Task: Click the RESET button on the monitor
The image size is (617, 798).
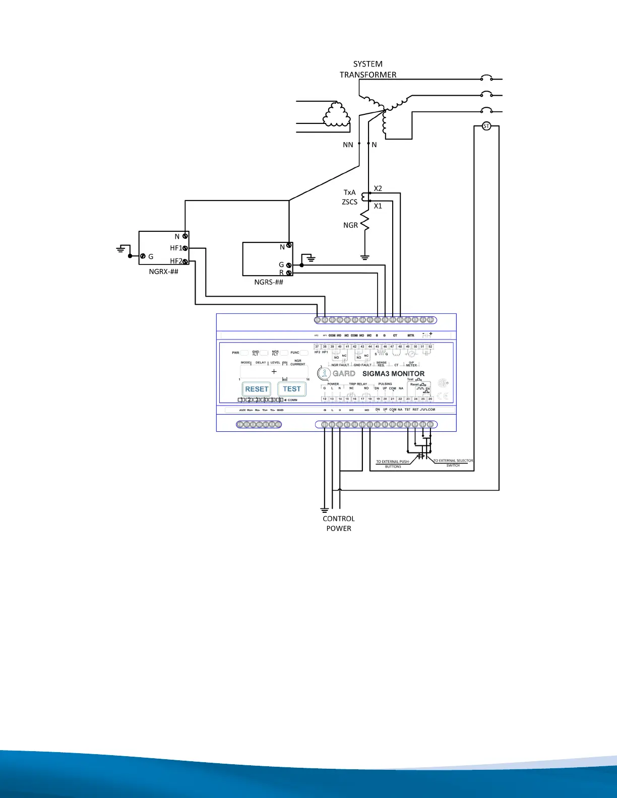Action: (x=257, y=389)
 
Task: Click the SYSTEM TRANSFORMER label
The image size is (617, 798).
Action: (x=368, y=70)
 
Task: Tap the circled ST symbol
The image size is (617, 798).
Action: (x=486, y=126)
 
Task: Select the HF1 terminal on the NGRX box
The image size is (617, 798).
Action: (x=186, y=248)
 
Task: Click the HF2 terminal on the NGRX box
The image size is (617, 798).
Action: (x=186, y=261)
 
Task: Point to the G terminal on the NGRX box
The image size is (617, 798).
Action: (x=143, y=256)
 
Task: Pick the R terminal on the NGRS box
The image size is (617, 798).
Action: (x=289, y=273)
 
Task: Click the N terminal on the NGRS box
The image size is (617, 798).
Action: (x=289, y=245)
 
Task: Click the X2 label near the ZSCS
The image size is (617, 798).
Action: (x=378, y=188)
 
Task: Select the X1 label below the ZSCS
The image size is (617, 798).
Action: (x=378, y=206)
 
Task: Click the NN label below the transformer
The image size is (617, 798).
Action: (x=348, y=145)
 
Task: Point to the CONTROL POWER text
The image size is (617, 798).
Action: (x=339, y=523)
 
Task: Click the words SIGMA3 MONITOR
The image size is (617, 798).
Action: (x=393, y=374)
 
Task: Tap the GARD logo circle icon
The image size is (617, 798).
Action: (x=324, y=373)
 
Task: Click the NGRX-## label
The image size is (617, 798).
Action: (x=163, y=272)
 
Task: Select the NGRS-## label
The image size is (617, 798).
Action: (x=269, y=282)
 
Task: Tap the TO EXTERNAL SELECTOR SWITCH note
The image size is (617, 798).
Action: (x=453, y=463)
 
